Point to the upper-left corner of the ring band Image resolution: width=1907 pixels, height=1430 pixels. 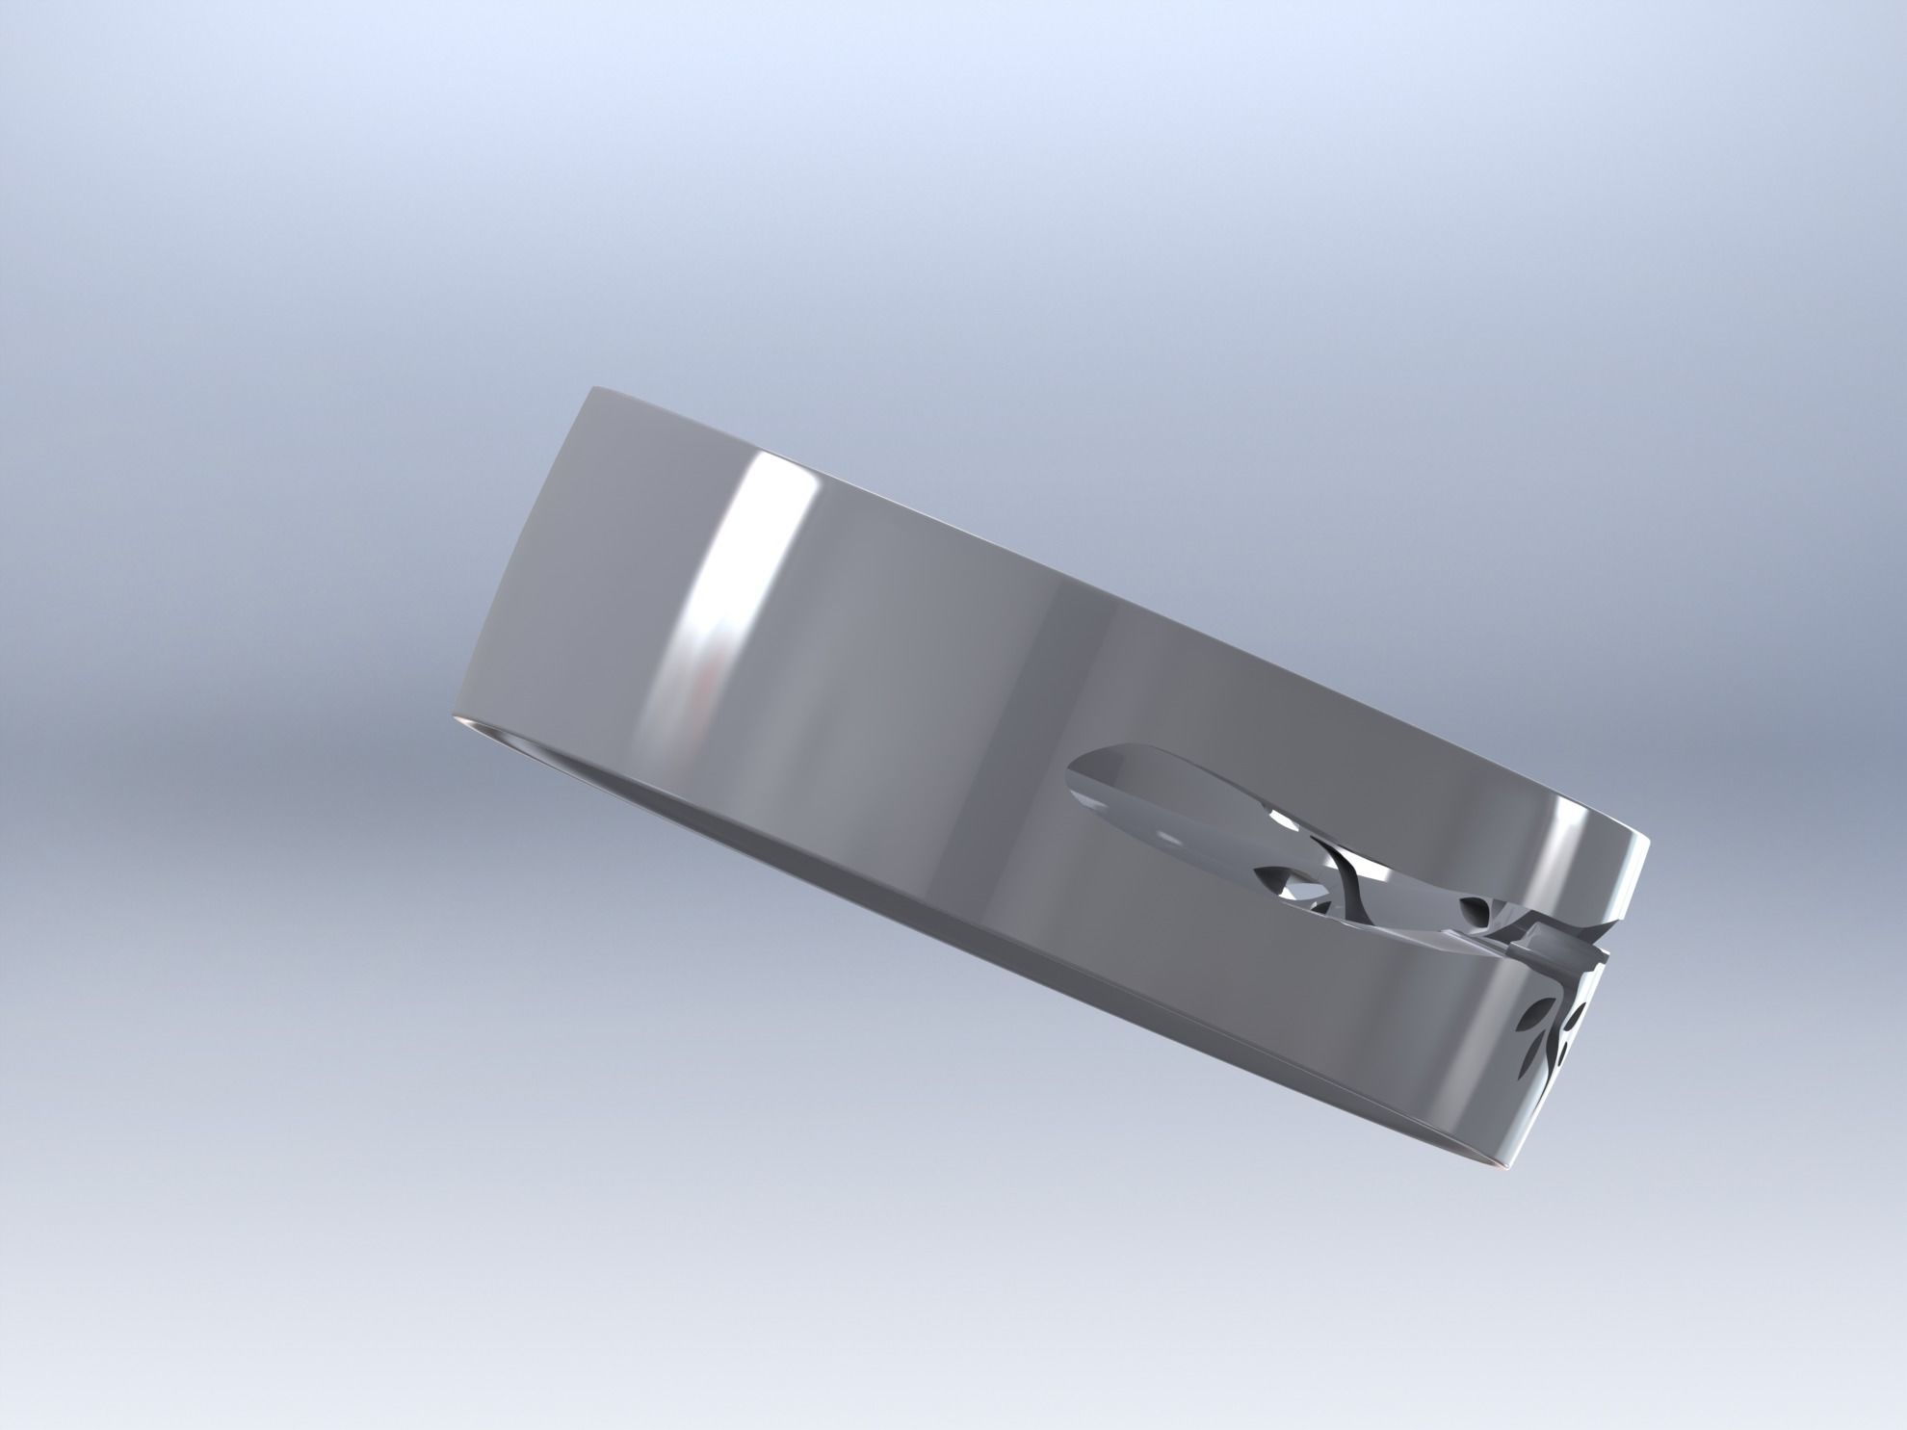(x=589, y=390)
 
